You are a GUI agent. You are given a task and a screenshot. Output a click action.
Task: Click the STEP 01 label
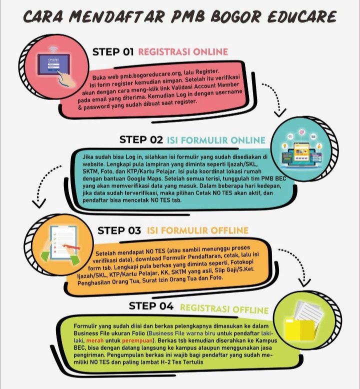pyautogui.click(x=113, y=51)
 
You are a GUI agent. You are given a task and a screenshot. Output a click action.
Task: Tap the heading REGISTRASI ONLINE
pyautogui.click(x=182, y=51)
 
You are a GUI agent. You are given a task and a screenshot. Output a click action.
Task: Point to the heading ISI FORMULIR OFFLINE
pyautogui.click(x=197, y=230)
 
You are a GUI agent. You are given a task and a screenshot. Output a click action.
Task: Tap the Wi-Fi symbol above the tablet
pyautogui.click(x=55, y=49)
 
